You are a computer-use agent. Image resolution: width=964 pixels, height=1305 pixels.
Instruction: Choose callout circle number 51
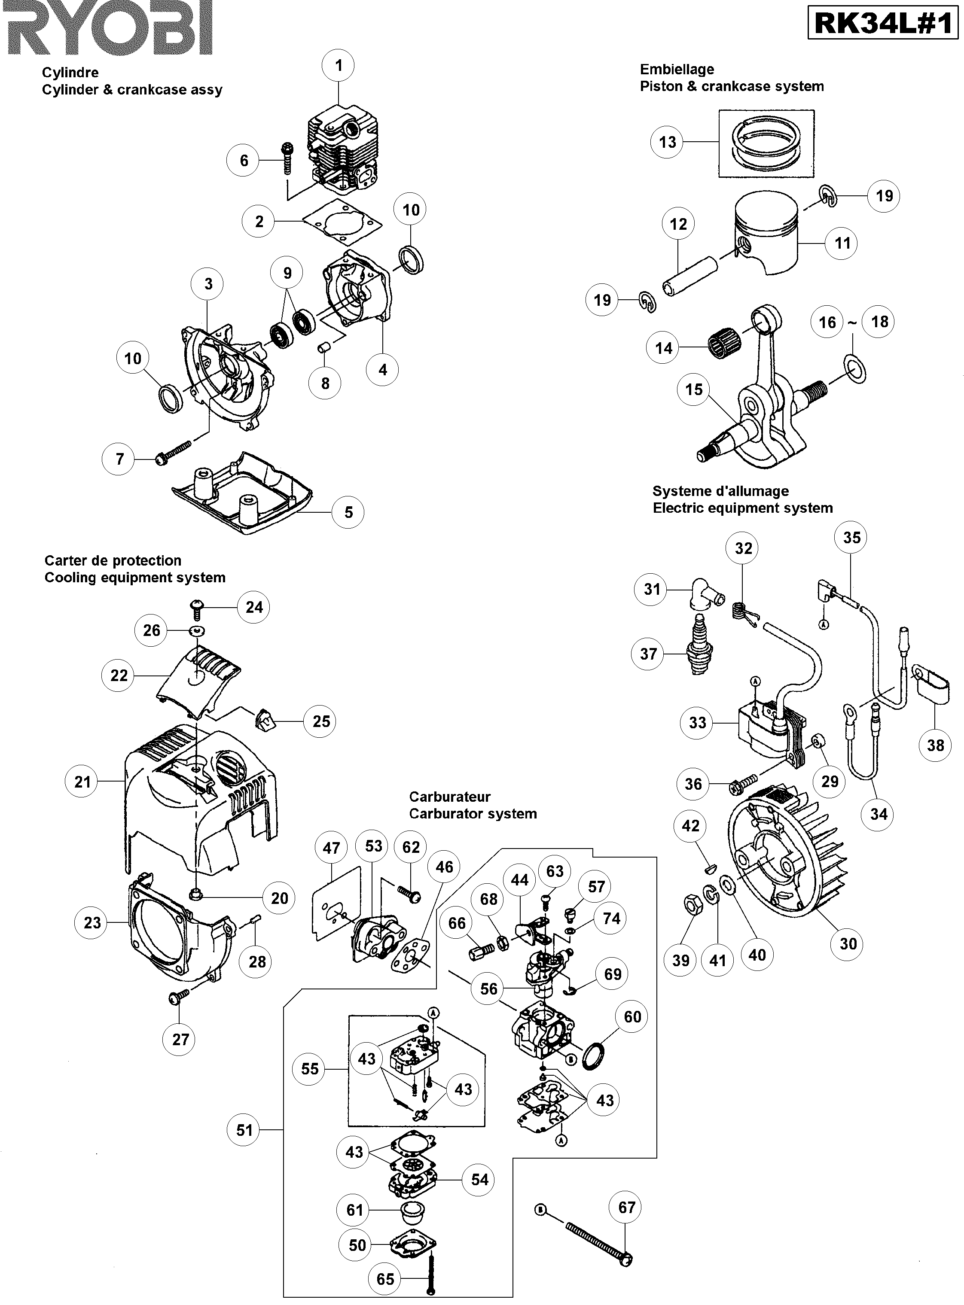(244, 1130)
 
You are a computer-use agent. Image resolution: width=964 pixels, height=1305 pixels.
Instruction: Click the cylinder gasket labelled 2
(342, 221)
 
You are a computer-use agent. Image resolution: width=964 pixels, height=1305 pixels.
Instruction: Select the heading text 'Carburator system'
(473, 814)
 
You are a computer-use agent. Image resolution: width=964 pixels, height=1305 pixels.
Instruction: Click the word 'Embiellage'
(676, 70)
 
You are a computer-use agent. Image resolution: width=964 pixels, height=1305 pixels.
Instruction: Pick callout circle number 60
(632, 1017)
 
